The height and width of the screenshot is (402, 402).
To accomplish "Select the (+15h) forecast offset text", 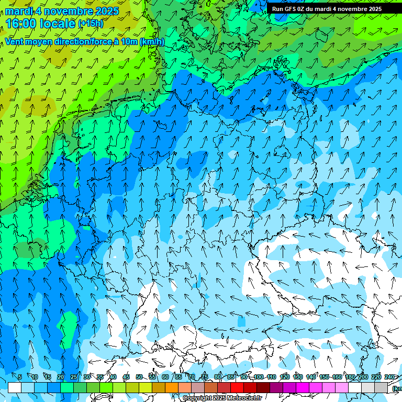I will point(91,24).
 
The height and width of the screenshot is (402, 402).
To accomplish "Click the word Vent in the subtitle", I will point(15,42).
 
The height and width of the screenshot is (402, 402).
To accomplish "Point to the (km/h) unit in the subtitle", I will point(152,42).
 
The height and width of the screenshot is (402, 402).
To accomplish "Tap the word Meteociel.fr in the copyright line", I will point(243,398).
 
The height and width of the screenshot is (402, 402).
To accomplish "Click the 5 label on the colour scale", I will point(20,377).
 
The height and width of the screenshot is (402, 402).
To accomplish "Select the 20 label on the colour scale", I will point(60,377).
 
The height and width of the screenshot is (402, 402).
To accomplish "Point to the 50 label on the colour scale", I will point(139,377).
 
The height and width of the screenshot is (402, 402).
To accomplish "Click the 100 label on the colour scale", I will point(258,377).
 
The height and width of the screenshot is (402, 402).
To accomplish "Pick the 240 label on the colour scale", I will point(389,377).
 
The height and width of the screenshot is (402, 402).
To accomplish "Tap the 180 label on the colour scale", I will point(350,377).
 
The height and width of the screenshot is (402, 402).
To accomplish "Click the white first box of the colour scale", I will point(15,387).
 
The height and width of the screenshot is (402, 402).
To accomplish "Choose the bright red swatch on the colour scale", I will point(237,387).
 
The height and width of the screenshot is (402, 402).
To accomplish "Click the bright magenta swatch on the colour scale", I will point(303,387).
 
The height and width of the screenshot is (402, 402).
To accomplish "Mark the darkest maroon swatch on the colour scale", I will point(263,387).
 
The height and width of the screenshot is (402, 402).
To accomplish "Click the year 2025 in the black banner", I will point(373,9).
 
